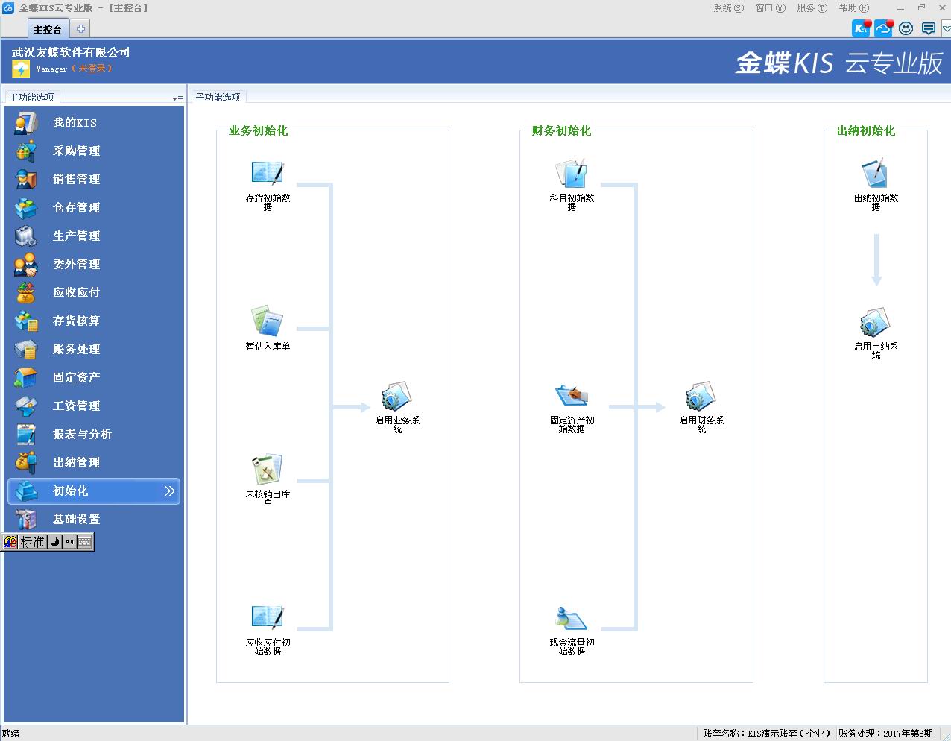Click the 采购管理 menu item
tap(76, 151)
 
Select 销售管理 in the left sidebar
tap(76, 179)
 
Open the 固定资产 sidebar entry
tap(76, 377)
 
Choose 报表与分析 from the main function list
tap(82, 434)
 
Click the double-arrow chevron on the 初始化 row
tap(169, 491)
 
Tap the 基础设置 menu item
tap(76, 519)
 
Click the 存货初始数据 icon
tap(268, 172)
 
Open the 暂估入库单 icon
tap(267, 321)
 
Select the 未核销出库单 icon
tap(267, 469)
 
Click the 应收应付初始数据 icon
tap(268, 617)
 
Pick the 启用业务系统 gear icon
tap(396, 396)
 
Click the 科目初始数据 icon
tap(571, 173)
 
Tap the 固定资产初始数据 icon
tap(572, 395)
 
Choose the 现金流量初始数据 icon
tap(571, 617)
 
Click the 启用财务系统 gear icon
tap(701, 396)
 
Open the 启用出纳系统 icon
tap(875, 322)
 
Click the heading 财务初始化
tap(561, 130)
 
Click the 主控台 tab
tap(48, 29)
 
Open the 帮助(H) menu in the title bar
tap(854, 8)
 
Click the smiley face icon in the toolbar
tap(906, 28)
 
